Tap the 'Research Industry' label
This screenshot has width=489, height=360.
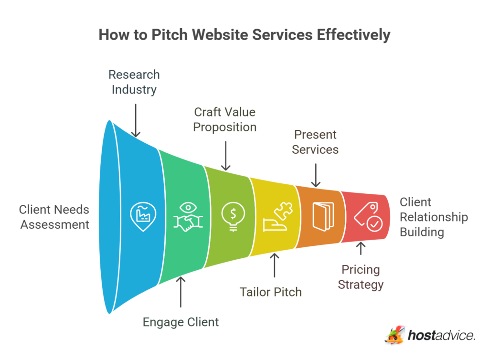tap(134, 82)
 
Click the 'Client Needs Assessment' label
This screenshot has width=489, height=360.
tap(54, 217)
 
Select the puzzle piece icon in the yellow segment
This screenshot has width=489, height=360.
tap(276, 217)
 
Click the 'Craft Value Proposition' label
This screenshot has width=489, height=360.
tap(225, 119)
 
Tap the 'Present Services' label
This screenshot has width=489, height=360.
tap(315, 142)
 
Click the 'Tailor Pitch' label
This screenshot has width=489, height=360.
tap(271, 292)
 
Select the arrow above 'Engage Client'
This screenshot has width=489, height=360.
tap(181, 292)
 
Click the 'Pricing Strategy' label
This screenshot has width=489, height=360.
tap(361, 277)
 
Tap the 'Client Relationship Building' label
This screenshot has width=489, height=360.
tap(434, 217)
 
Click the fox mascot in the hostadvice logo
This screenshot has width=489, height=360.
tap(394, 335)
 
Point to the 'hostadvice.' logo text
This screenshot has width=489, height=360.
tap(442, 336)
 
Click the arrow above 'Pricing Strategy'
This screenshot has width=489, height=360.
tap(361, 249)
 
